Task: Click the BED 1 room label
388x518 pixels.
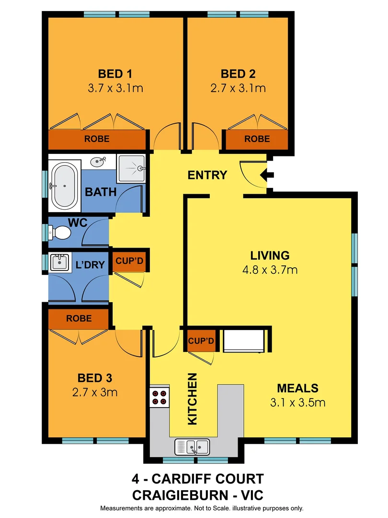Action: [115, 74]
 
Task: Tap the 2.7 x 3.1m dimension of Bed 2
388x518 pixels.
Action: [238, 88]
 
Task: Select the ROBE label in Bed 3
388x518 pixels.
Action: [80, 318]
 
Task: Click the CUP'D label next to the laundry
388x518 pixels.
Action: [130, 261]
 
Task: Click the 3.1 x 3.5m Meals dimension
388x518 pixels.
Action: [297, 402]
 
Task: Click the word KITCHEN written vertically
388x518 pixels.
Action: [193, 399]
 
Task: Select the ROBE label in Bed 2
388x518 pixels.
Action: [257, 139]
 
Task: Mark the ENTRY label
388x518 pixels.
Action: [207, 175]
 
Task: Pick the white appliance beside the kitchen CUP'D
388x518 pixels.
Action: [245, 341]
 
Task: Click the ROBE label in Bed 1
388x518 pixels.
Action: [97, 139]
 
